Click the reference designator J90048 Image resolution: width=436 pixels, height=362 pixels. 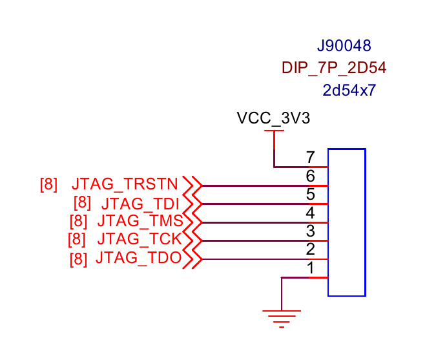(344, 46)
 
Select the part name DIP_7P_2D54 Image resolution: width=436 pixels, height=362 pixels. (334, 67)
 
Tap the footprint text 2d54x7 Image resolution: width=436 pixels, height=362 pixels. (349, 90)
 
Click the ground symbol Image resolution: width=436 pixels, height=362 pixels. (282, 317)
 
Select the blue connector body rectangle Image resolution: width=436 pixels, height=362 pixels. (347, 222)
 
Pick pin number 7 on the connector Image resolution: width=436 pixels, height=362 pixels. (310, 157)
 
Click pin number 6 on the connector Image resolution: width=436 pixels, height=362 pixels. (310, 176)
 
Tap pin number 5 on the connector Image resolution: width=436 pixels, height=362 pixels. (310, 194)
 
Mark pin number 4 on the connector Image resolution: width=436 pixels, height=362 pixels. (310, 213)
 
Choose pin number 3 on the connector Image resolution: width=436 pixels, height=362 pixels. (310, 231)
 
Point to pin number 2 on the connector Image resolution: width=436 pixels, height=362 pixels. (310, 250)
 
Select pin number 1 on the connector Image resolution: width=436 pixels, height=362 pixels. (310, 268)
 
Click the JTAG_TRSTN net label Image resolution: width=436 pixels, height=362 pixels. (125, 184)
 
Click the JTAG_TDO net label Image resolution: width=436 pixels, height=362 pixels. (137, 258)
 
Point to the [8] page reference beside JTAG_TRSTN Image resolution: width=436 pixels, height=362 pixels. (48, 184)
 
